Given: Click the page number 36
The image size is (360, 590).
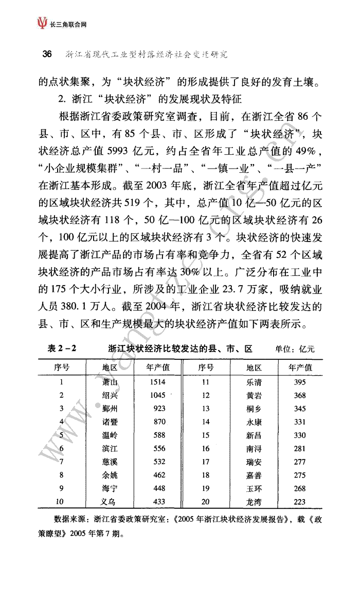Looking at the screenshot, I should [46, 54].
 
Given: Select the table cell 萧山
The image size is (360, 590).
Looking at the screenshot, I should [110, 382].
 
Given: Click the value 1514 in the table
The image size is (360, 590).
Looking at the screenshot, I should [159, 382].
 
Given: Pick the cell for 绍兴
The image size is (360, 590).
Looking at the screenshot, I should [110, 395].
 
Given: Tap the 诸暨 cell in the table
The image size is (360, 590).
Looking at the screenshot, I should [110, 422].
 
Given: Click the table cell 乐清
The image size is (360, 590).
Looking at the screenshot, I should [254, 382].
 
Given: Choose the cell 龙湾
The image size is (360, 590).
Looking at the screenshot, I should [254, 502].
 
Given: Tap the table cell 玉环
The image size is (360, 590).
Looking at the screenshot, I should [254, 488].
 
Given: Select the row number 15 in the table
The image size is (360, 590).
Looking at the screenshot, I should [206, 435].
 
